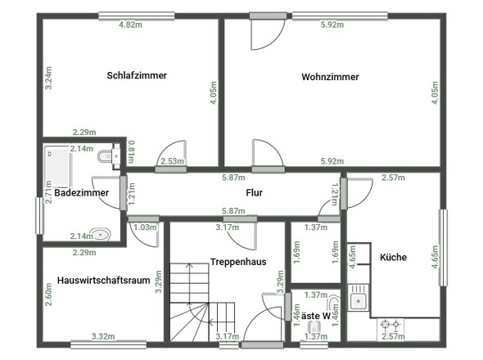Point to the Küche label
click(x=393, y=257)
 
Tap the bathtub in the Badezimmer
click(x=56, y=163)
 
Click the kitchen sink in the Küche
click(x=358, y=301)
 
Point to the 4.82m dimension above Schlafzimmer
click(x=130, y=25)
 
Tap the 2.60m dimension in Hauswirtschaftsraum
click(x=49, y=292)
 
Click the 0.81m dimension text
click(x=132, y=152)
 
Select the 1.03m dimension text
click(x=144, y=227)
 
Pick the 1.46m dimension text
click(x=296, y=315)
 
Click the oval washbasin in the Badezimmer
click(x=99, y=233)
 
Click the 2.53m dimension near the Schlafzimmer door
click(x=173, y=162)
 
